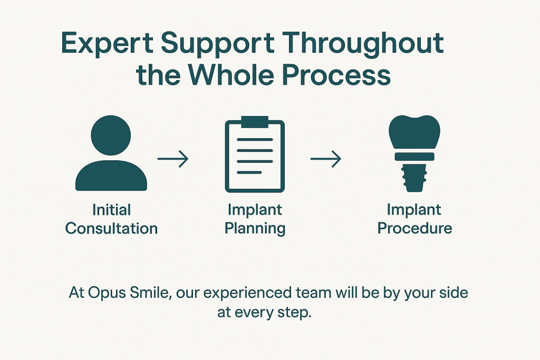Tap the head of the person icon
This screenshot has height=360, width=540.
[x=111, y=135]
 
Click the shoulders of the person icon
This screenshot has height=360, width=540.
[x=111, y=177]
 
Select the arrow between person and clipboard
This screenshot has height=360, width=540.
[x=173, y=159]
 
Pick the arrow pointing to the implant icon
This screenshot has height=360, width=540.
[x=325, y=159]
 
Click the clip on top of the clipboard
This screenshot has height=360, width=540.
[x=255, y=121]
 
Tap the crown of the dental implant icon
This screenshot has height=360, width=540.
[x=414, y=132]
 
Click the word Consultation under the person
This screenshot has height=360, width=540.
[x=111, y=228]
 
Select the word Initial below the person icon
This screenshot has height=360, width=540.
[x=111, y=210]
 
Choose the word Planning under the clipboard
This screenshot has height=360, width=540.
[x=255, y=228]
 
